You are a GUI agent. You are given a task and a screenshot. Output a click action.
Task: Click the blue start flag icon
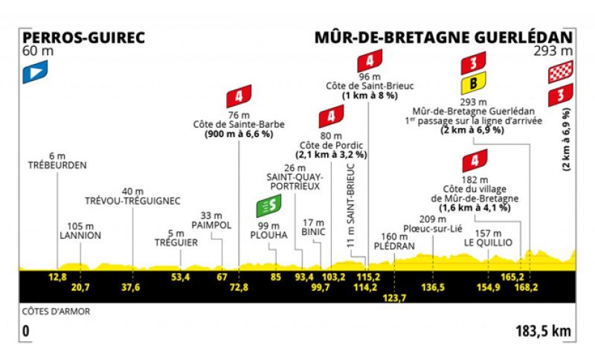(x=35, y=71)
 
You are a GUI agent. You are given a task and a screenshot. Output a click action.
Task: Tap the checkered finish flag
(x=561, y=71)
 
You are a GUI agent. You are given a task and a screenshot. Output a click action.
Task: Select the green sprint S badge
(x=268, y=206)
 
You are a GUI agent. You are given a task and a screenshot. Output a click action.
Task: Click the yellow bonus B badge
(x=473, y=83)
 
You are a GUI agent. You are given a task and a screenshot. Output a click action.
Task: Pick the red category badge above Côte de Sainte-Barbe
(x=239, y=97)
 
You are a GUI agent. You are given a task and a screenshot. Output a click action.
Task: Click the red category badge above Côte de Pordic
(x=331, y=117)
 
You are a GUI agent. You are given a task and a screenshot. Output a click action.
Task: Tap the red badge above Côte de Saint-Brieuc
(x=370, y=61)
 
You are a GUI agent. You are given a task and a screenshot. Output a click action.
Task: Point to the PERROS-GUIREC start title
(x=83, y=37)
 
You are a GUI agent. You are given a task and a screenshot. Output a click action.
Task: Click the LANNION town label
(x=80, y=235)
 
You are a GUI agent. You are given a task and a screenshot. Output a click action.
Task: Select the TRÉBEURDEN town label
(x=57, y=165)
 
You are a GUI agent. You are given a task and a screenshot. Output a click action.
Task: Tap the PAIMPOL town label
(x=211, y=225)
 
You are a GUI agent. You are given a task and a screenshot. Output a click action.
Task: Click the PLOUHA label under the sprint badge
(x=268, y=235)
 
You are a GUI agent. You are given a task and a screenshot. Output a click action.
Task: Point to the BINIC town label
(x=313, y=232)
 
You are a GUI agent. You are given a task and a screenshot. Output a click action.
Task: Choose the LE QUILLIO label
(x=488, y=242)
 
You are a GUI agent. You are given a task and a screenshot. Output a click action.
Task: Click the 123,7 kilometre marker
(x=394, y=298)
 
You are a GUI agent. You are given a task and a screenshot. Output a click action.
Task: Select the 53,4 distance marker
(x=180, y=277)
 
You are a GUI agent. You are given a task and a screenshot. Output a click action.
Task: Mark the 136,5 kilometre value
(x=433, y=287)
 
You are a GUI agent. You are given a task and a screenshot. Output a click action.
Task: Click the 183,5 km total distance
(x=543, y=331)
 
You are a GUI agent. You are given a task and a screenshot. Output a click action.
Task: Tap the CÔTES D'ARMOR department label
(x=57, y=312)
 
